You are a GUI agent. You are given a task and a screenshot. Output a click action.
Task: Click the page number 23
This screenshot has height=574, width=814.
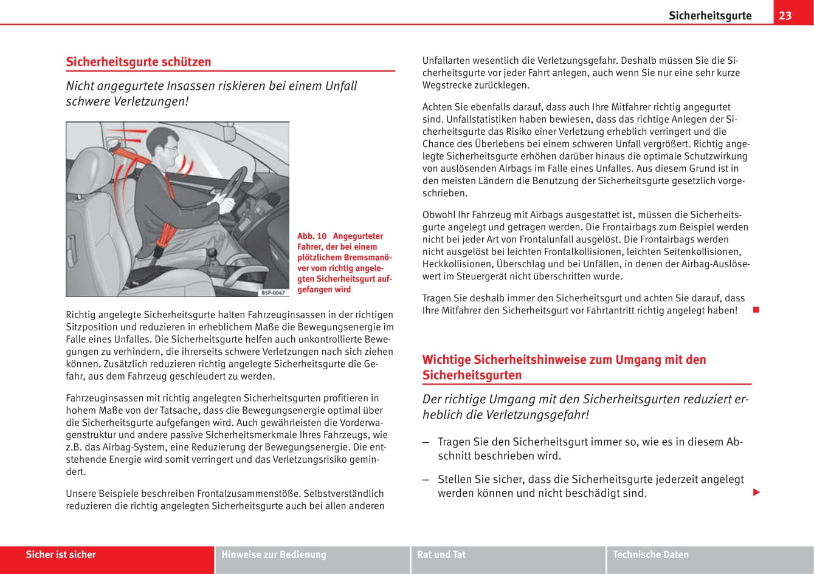point(785,15)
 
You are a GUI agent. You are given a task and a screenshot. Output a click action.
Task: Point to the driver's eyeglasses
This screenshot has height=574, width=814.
point(173,148)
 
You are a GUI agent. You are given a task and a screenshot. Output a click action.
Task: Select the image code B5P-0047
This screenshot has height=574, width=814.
point(273,293)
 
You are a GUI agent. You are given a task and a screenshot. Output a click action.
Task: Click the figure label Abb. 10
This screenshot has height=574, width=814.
point(312,236)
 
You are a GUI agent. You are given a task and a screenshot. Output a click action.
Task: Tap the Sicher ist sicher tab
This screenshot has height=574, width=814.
point(61,555)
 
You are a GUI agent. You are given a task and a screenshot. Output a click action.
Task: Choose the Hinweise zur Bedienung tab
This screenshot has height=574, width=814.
point(274,555)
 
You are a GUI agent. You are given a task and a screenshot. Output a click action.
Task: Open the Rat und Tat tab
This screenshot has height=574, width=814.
point(441,555)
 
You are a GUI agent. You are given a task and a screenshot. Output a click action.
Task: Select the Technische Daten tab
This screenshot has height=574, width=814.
point(650,555)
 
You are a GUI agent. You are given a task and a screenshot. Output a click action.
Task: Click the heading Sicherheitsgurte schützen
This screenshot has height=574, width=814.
point(139,62)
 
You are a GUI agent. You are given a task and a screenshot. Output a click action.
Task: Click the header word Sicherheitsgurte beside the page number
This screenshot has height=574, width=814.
point(709,16)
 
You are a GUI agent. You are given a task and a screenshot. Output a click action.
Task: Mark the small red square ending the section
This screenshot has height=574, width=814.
point(756,310)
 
